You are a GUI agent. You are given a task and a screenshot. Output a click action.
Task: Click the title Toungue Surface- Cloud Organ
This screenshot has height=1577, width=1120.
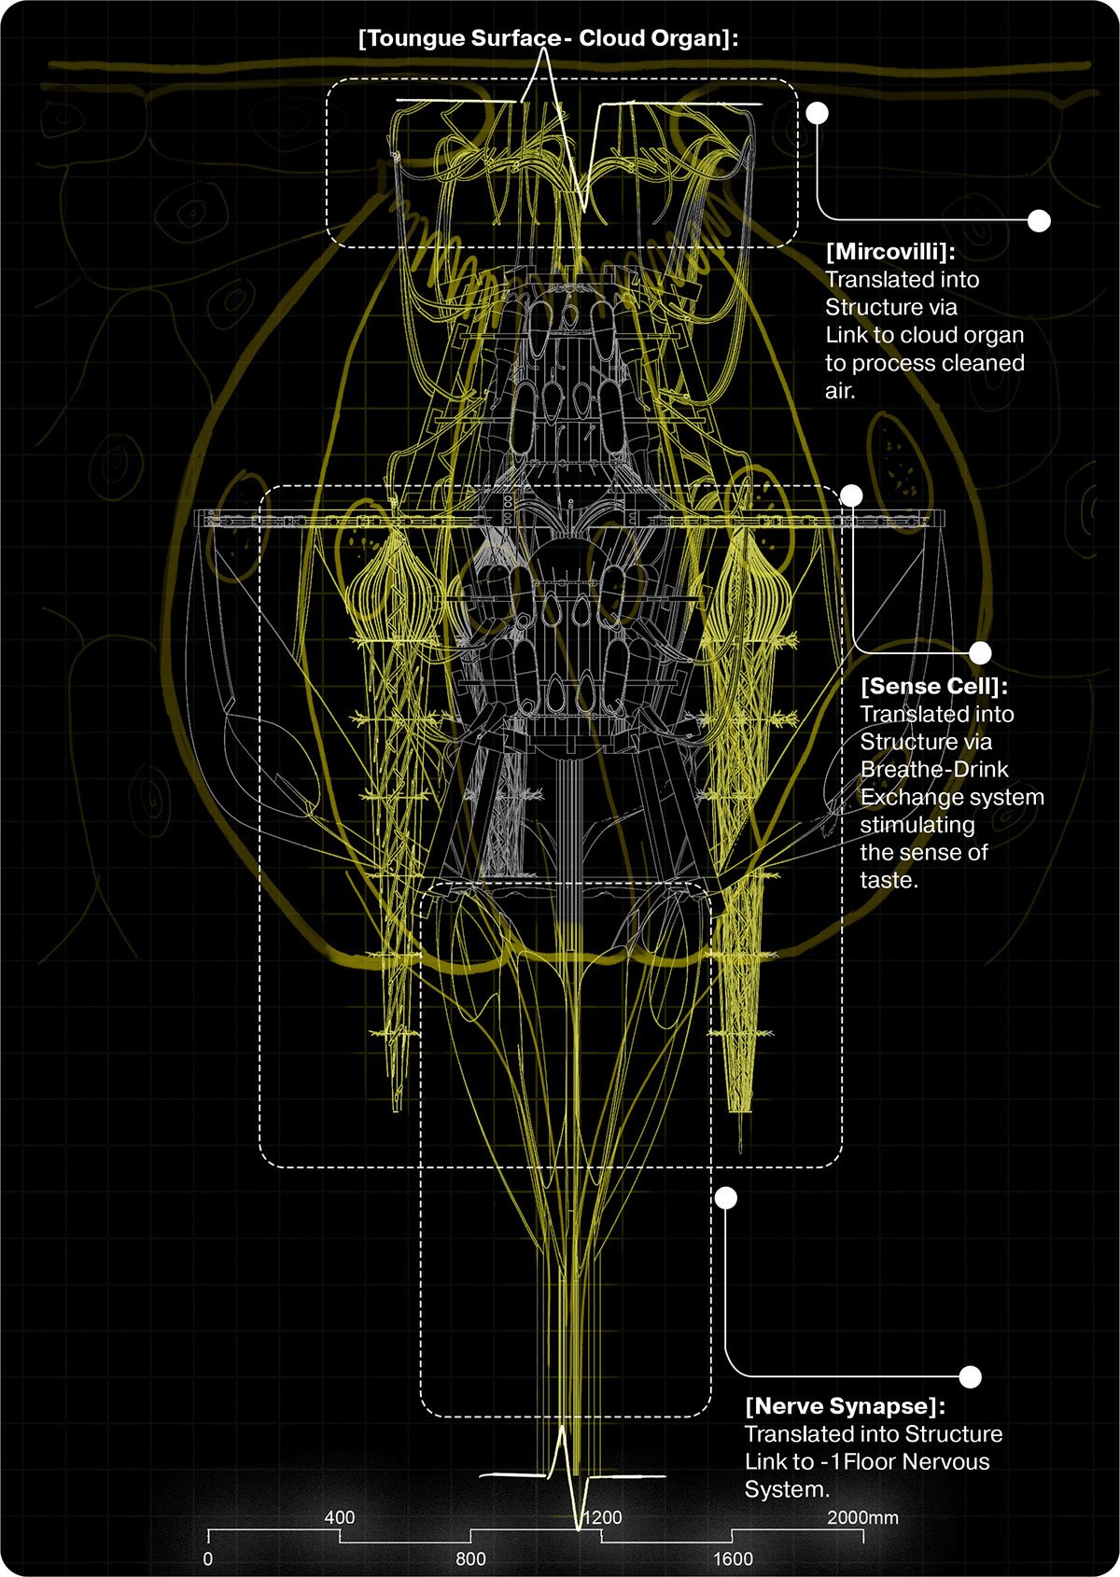coord(549,38)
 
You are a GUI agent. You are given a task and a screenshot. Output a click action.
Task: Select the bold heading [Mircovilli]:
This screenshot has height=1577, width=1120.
coord(890,252)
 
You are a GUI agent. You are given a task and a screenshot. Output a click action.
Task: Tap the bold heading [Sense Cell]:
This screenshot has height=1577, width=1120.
coord(933,687)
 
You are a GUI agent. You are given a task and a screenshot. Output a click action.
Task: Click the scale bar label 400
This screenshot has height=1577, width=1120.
coord(340,1517)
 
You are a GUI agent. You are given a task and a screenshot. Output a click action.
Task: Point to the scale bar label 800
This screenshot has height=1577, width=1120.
coord(470,1558)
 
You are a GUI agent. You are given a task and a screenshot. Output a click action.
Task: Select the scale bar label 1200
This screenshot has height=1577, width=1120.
coord(603,1517)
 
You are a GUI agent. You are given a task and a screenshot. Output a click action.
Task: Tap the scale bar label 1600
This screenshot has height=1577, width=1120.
coord(734,1558)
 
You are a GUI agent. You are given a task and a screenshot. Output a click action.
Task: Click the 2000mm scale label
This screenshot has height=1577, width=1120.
coord(863,1517)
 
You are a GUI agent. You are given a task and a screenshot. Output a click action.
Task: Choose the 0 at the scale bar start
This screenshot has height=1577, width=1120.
coord(208,1558)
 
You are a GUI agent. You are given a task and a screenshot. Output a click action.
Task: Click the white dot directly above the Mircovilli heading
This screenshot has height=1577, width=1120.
coord(1039,220)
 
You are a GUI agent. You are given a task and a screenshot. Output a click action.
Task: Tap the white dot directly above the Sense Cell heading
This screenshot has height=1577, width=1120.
coord(980,652)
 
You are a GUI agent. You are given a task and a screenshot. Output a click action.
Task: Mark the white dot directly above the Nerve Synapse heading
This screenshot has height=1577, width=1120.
coord(970,1377)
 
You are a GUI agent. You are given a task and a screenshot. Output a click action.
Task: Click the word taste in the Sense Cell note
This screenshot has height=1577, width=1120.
coord(887,880)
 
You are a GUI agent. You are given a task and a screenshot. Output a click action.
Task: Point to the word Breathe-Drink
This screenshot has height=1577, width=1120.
coord(934,770)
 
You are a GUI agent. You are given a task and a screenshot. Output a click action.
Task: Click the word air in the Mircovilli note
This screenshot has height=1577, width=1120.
coord(839,391)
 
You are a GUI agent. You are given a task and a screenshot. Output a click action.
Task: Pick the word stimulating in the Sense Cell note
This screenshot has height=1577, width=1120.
coord(917,825)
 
